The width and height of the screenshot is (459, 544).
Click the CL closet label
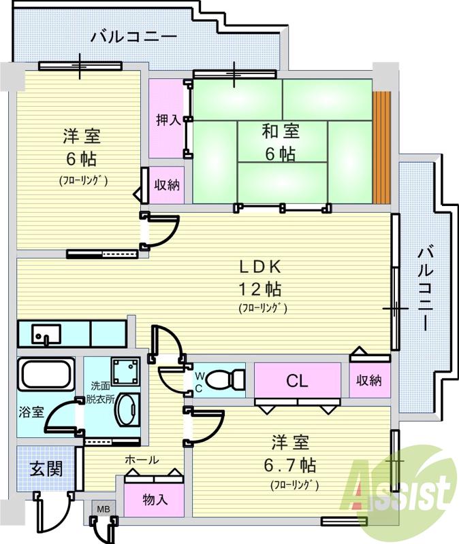pos(297,381)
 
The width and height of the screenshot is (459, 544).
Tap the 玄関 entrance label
pos(46,469)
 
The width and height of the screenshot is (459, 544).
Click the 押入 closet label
pos(168,120)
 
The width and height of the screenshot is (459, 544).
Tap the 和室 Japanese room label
pos(281,131)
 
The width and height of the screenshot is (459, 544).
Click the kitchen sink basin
pos(46,334)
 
